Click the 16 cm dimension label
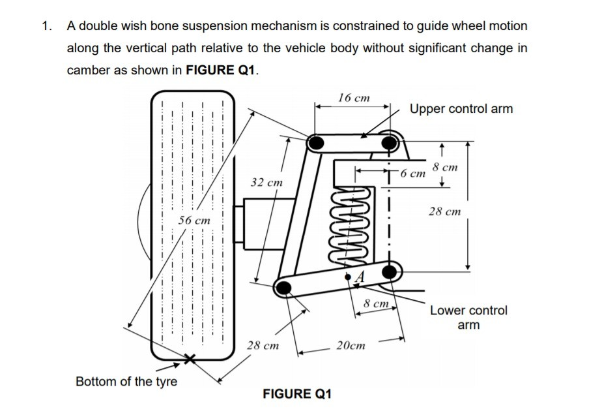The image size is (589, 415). point(354,97)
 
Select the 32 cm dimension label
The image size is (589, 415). point(266,182)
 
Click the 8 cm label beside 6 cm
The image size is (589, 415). point(444,167)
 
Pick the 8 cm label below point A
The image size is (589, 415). point(376,303)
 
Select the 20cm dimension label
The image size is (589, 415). point(351,345)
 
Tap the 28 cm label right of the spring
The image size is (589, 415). point(444,211)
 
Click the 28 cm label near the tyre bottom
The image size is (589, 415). point(263,345)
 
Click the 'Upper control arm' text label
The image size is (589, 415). point(461,109)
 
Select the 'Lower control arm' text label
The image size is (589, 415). point(468,317)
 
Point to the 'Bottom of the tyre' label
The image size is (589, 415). point(126,381)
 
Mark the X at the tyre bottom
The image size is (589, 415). point(190,359)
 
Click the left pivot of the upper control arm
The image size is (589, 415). point(315,142)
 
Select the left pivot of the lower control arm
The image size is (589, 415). point(283,286)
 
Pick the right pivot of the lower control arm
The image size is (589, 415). point(390,271)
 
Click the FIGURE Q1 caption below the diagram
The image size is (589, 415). point(297,393)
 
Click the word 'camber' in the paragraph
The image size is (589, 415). point(87,70)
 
